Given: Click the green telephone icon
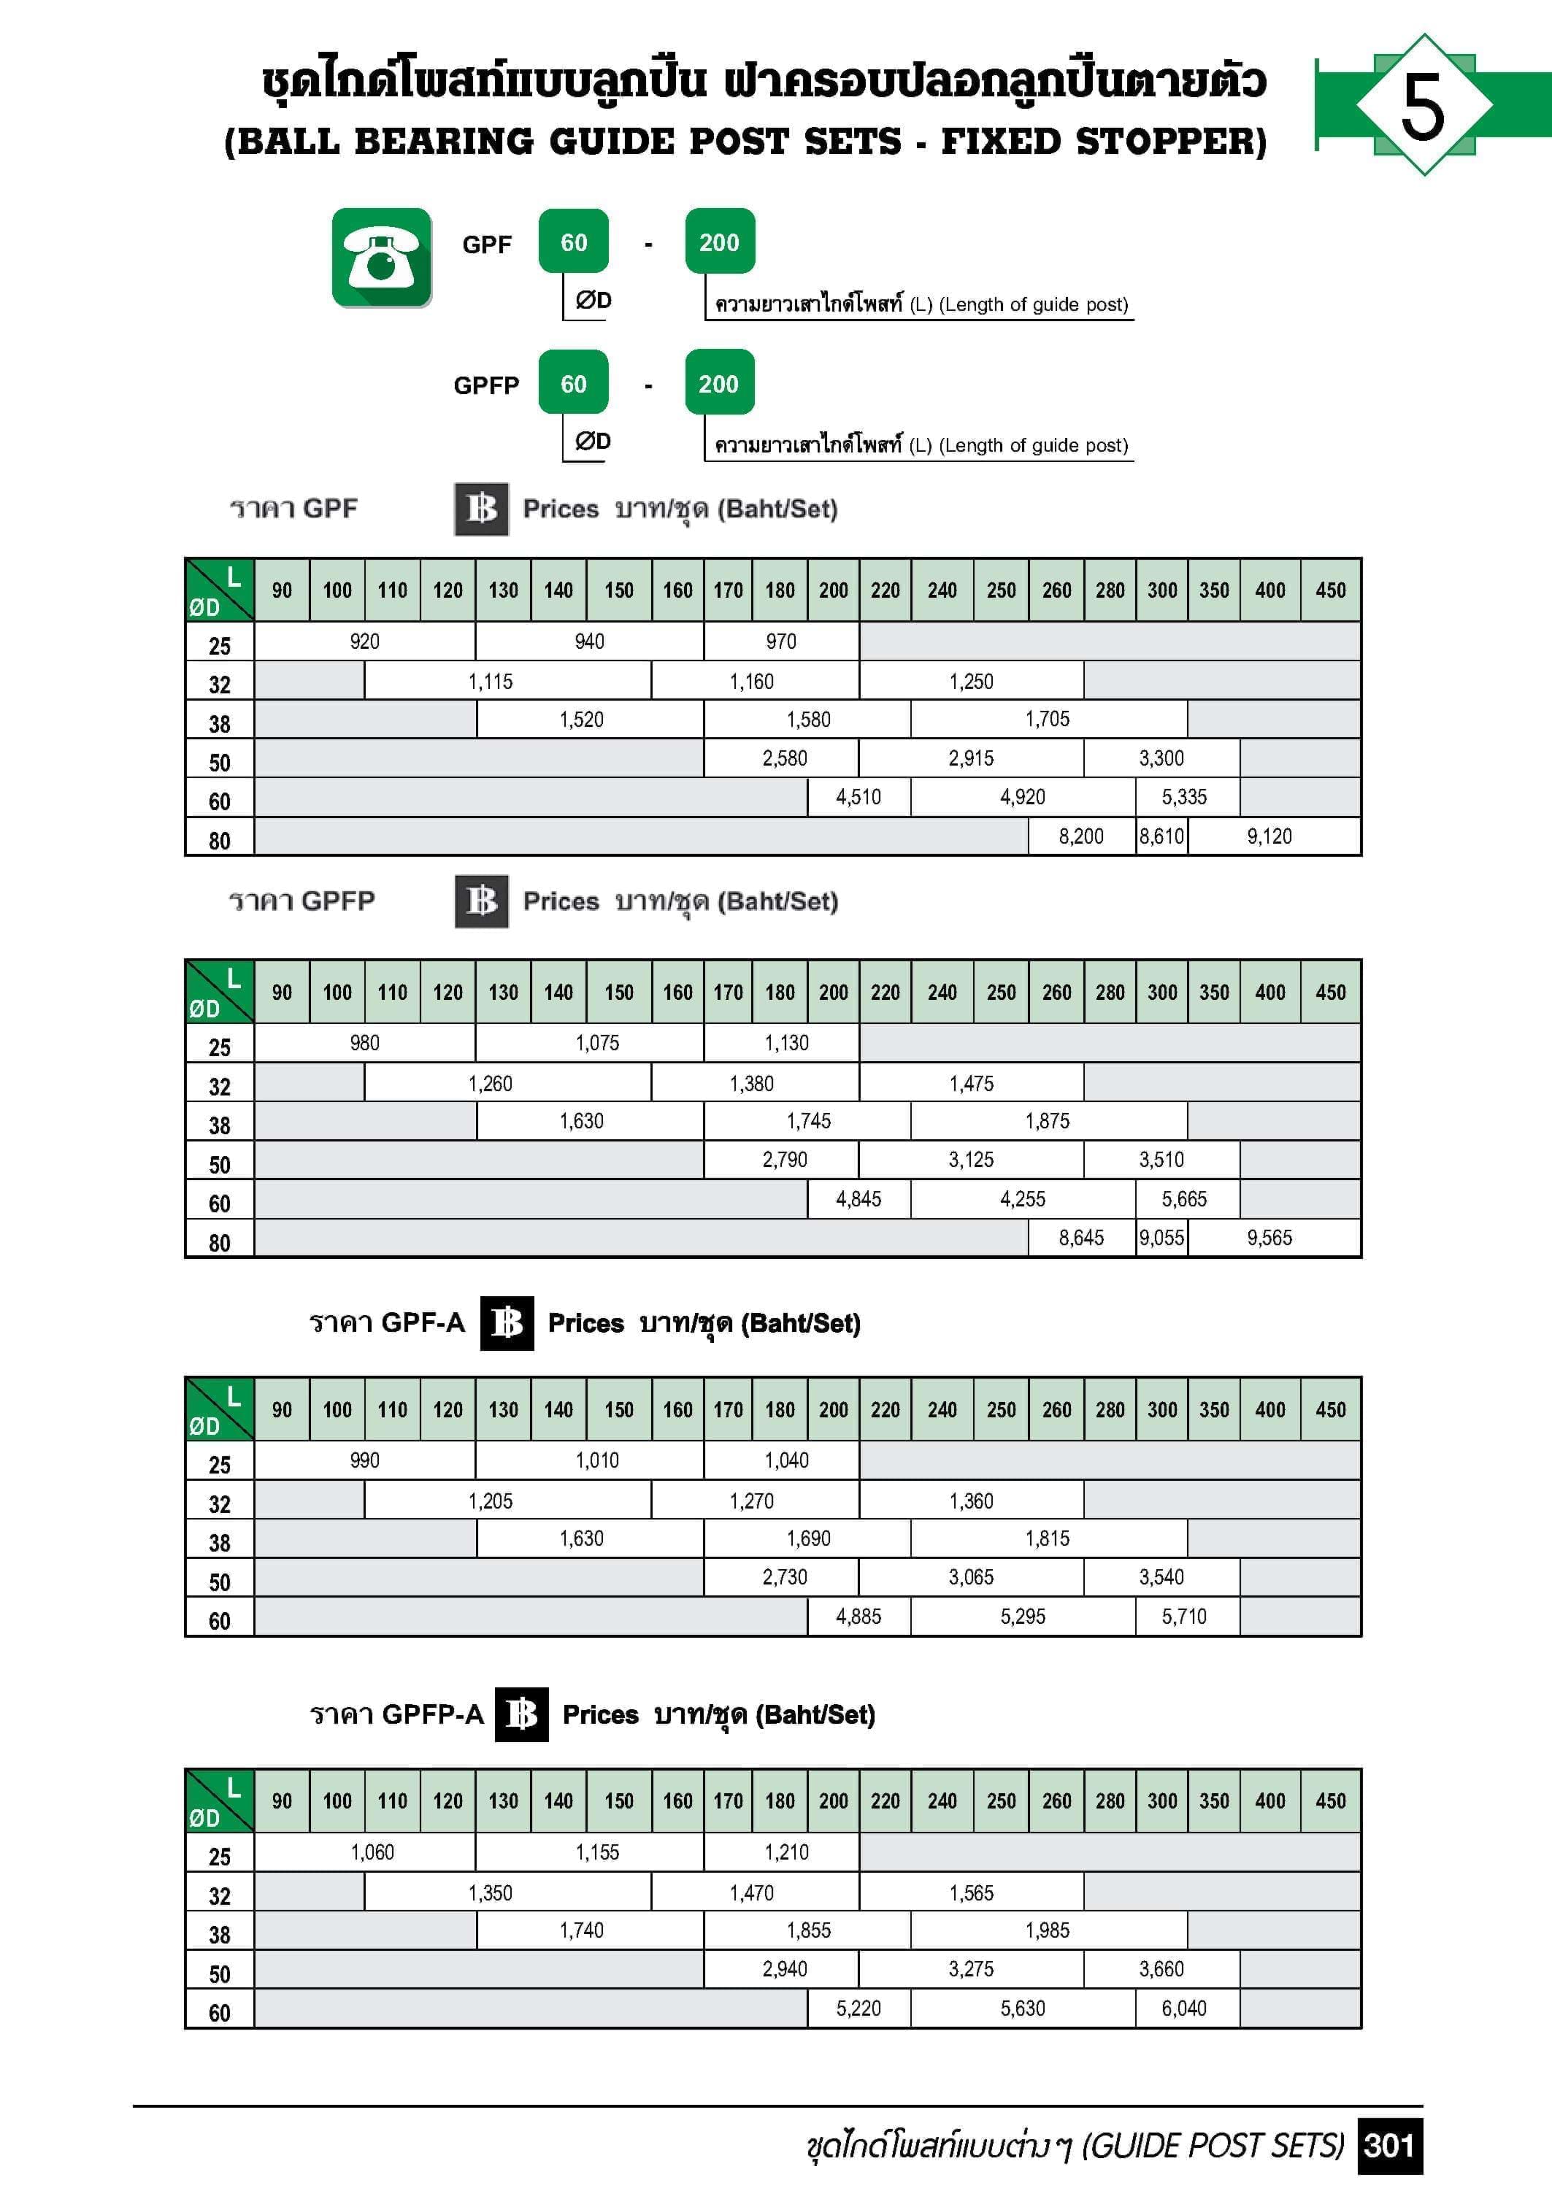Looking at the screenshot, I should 382,258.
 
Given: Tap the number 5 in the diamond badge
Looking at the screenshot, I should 1422,106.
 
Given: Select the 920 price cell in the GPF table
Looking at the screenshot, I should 364,641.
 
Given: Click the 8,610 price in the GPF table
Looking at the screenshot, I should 1161,836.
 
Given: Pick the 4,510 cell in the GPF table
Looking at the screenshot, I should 858,797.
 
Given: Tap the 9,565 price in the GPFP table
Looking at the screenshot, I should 1269,1238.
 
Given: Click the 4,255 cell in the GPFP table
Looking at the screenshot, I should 1022,1198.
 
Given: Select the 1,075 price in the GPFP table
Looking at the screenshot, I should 597,1043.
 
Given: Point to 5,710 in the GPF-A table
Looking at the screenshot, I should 1184,1617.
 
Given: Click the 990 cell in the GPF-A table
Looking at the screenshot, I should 364,1460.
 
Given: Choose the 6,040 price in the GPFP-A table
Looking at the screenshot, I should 1184,2008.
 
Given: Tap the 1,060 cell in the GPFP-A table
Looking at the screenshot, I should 372,1852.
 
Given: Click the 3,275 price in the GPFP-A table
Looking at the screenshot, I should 971,1968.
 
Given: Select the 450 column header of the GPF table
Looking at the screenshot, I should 1331,590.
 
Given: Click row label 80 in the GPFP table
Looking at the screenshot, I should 219,1243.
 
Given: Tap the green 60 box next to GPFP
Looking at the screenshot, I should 573,385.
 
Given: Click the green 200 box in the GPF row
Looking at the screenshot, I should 719,242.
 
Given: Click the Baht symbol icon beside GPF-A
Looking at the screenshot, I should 507,1324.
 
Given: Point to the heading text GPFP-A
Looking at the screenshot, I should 433,1715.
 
